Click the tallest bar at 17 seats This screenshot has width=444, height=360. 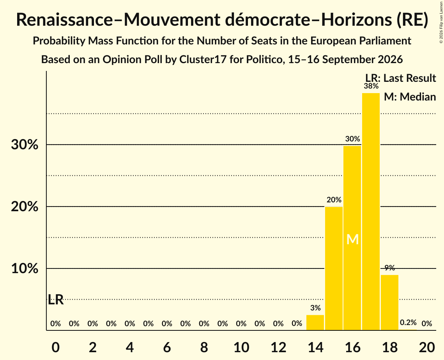(371, 212)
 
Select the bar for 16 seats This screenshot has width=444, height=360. (352, 238)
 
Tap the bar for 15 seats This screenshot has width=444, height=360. (334, 268)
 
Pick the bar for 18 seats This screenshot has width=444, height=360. (390, 303)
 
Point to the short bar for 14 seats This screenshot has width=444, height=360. (315, 323)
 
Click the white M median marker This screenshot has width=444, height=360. (352, 240)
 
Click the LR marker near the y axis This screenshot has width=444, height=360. (55, 300)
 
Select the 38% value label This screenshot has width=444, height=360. (371, 86)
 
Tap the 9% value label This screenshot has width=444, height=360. (390, 268)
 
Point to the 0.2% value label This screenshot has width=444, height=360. (408, 322)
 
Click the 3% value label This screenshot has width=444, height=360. (315, 308)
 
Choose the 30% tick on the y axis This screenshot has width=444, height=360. (25, 145)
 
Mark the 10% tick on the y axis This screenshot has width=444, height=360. (25, 268)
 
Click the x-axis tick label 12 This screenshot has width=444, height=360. (278, 347)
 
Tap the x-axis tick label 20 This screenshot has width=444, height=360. (427, 347)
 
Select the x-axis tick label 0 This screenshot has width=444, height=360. (55, 347)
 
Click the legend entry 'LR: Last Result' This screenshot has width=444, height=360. (401, 78)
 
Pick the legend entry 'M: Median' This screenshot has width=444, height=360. (410, 97)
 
